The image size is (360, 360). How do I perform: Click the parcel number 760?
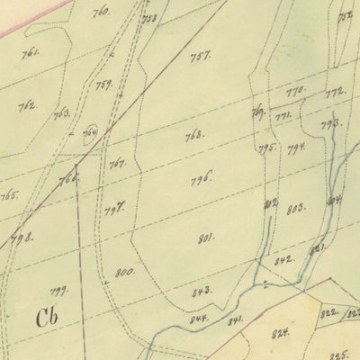(x=101, y=12)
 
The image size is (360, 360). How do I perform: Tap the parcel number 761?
(x=31, y=53)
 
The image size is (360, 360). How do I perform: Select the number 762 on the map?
(x=27, y=105)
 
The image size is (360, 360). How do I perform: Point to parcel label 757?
(x=199, y=56)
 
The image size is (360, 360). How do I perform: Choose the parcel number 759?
(x=103, y=85)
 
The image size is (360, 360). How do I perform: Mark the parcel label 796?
(x=200, y=178)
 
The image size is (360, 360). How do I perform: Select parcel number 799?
(x=59, y=290)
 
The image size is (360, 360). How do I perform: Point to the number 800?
(x=124, y=272)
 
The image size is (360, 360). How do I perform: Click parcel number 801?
(x=206, y=238)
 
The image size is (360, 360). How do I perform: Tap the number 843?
(x=201, y=292)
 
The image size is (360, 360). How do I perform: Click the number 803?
(x=295, y=209)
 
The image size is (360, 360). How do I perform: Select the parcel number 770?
(x=296, y=92)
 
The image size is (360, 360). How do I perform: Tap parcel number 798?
(x=21, y=238)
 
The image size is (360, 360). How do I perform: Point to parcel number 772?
(x=335, y=92)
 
